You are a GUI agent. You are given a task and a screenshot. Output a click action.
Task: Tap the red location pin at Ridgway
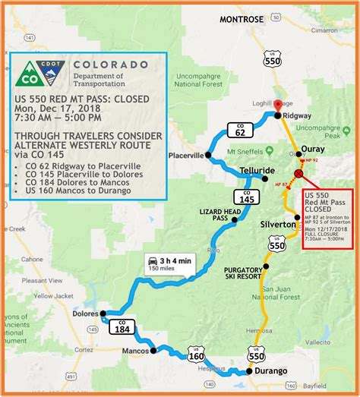pos(278,106)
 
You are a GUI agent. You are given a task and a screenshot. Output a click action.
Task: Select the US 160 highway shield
pos(196,353)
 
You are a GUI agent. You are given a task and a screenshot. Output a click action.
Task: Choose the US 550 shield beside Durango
pos(257,354)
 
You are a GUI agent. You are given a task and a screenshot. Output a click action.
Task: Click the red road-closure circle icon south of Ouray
pos(298,174)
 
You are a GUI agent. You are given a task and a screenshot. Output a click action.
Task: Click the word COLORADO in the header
pos(111,65)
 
